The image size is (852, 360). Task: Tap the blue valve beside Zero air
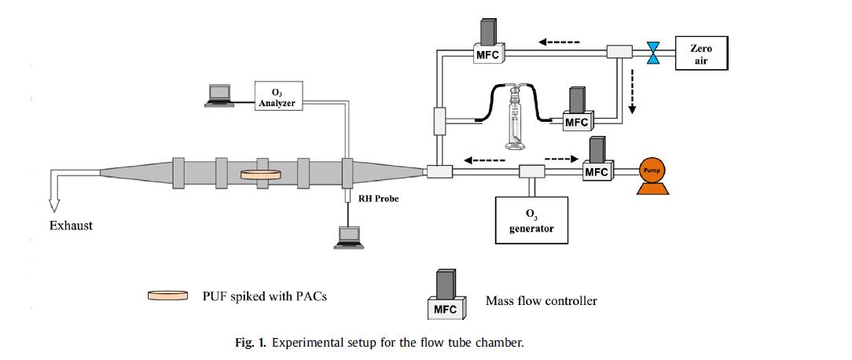click(652, 53)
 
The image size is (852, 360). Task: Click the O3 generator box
click(532, 220)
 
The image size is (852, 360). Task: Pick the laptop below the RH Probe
click(347, 238)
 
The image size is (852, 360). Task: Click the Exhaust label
click(72, 226)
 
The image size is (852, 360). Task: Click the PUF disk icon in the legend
click(168, 296)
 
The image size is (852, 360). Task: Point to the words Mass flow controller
click(541, 300)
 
